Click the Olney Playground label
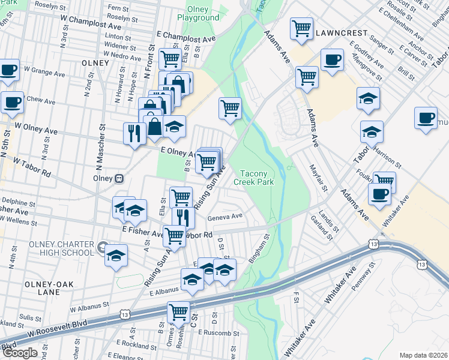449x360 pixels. [x=198, y=13]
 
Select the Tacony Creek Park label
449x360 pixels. [x=254, y=178]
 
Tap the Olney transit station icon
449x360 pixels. [x=119, y=178]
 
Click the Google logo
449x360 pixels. [x=19, y=353]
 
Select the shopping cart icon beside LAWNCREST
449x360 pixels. [x=301, y=28]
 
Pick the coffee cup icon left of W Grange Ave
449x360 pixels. [x=9, y=70]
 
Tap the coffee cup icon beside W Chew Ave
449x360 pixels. [x=12, y=102]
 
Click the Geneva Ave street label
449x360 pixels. [x=225, y=217]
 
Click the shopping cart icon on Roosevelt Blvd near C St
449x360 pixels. [x=178, y=313]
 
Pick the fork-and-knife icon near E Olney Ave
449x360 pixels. [x=133, y=133]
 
